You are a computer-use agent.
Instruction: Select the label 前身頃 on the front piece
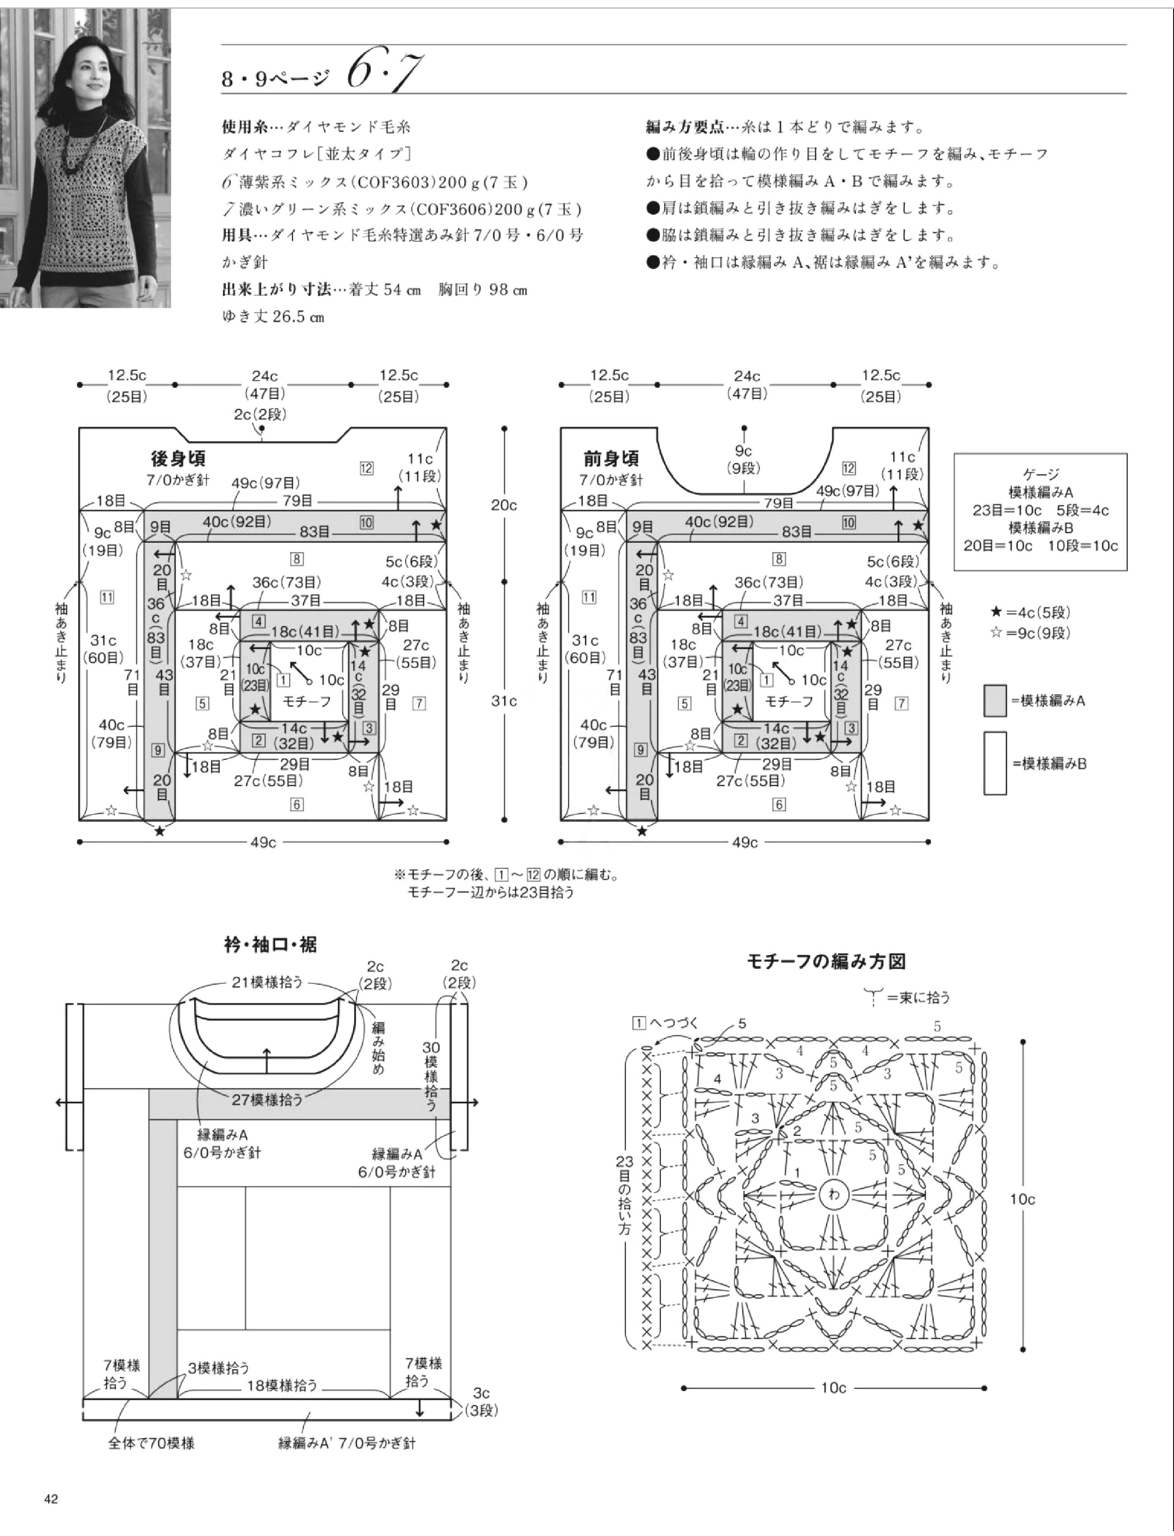(x=611, y=459)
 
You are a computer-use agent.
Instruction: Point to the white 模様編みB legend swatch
(x=994, y=763)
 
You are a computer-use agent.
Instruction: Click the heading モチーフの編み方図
(x=826, y=962)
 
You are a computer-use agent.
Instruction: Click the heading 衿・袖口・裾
(x=270, y=945)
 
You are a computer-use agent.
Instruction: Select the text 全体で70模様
(x=151, y=1443)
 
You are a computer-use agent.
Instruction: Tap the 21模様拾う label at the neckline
(x=268, y=982)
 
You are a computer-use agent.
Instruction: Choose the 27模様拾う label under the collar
(x=268, y=1100)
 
